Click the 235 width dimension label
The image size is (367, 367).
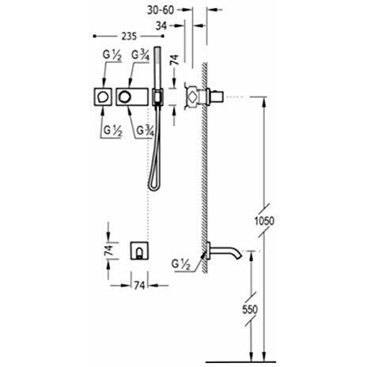tap(129, 36)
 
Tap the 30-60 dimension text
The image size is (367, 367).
tap(161, 10)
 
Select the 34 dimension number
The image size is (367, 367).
tap(161, 26)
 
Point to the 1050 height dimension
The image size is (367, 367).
tap(264, 221)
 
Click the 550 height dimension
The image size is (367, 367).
tap(250, 309)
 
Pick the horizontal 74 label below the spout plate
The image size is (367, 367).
tap(139, 286)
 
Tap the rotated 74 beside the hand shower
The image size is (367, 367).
tap(175, 60)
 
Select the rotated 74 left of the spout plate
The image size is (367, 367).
tap(108, 250)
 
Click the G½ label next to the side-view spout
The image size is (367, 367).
tap(181, 264)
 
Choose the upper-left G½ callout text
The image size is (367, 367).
tap(112, 55)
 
